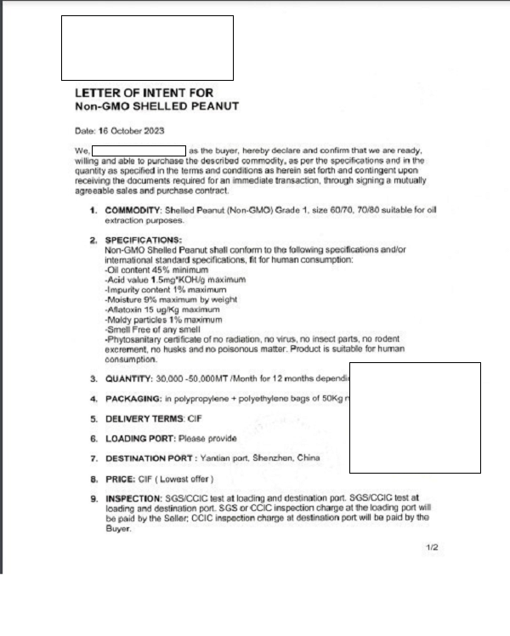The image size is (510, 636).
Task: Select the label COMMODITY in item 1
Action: point(134,209)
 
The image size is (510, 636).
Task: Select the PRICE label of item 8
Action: point(122,478)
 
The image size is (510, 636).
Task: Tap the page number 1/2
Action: point(431,548)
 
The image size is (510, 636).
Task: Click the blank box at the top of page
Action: point(147,48)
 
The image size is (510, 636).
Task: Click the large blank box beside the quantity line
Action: point(414,417)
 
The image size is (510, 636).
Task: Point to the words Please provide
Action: point(207,438)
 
